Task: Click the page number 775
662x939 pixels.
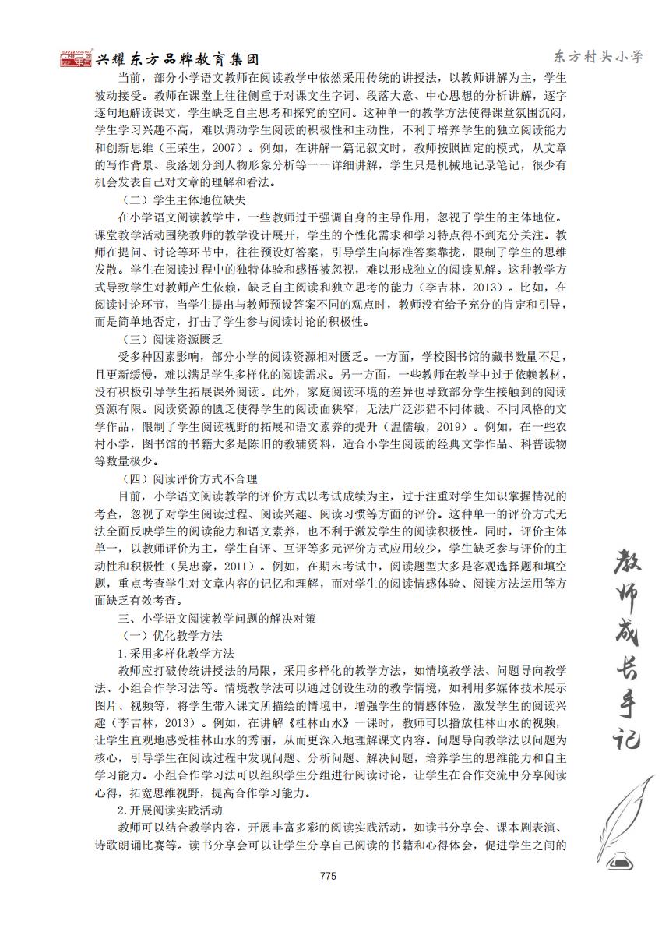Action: tap(327, 876)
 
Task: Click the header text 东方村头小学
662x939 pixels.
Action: tap(598, 56)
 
